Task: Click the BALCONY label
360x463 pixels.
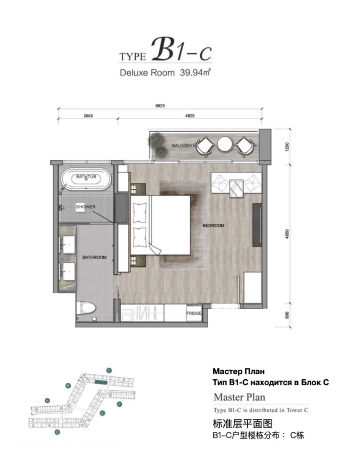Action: point(182,145)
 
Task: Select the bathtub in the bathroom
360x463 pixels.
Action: point(86,179)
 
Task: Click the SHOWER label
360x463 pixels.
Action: point(86,207)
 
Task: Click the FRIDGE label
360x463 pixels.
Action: point(194,313)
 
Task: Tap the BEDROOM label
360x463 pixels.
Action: point(213,226)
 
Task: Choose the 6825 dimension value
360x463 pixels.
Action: point(160,106)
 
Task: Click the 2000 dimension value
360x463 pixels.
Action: point(88,116)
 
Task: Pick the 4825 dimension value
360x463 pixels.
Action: point(190,116)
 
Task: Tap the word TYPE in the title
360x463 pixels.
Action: point(133,56)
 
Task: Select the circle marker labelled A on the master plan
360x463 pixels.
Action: point(47,401)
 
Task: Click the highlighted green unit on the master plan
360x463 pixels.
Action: point(100,382)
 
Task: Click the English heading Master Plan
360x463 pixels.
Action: point(239,397)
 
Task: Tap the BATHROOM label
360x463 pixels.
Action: point(94,257)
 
